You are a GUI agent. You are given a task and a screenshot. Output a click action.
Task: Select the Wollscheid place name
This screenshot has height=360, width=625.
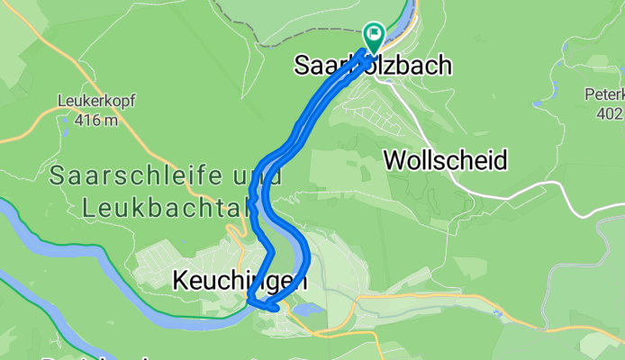(x=445, y=160)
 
